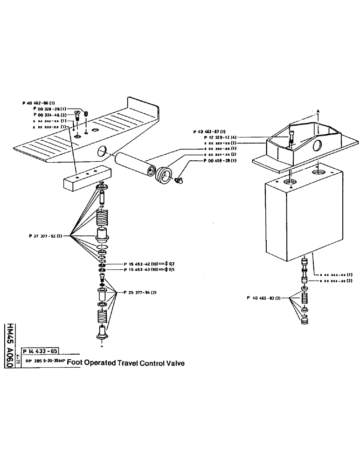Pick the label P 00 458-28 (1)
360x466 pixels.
(x=220, y=161)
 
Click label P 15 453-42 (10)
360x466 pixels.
(x=141, y=264)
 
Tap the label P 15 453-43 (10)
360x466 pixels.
(x=141, y=270)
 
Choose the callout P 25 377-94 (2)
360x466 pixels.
(x=139, y=292)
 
